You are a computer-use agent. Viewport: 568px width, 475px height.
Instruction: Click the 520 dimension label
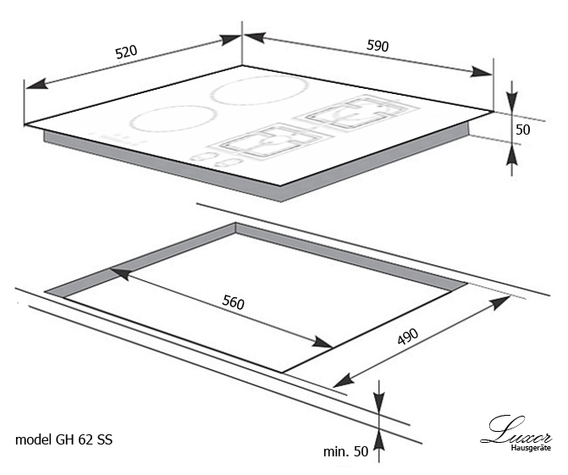click(126, 52)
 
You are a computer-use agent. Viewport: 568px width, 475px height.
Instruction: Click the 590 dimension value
click(378, 46)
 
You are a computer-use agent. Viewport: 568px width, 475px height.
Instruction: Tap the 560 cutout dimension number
click(234, 302)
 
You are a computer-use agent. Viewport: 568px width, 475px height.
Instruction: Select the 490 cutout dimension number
click(408, 337)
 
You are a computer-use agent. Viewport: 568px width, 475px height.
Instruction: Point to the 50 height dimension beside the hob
click(523, 130)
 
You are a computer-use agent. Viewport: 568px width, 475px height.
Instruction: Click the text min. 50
click(345, 451)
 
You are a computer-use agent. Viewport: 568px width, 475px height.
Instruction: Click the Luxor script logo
click(516, 430)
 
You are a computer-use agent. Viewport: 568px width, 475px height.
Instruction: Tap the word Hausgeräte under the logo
click(531, 448)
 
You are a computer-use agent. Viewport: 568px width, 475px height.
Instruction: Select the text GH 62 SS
click(84, 439)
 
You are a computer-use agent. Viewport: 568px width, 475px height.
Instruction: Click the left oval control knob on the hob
click(202, 157)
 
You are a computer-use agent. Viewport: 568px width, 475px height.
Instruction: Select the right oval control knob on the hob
click(227, 163)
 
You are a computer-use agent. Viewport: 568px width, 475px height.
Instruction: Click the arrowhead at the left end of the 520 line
click(36, 84)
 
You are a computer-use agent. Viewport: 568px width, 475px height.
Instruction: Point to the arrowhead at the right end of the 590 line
click(482, 72)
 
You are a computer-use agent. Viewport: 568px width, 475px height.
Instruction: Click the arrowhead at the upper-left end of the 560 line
click(119, 273)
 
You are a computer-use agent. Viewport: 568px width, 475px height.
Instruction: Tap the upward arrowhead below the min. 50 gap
click(379, 440)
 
